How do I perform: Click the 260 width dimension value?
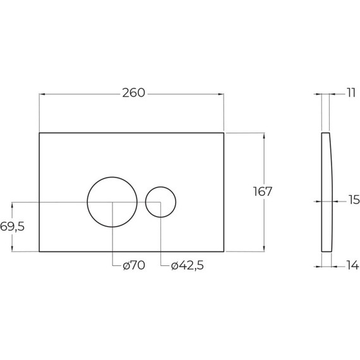coord(133,93)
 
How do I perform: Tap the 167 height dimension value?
coord(263,191)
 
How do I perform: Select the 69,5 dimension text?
coord(12,227)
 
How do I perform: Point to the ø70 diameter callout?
coord(134,265)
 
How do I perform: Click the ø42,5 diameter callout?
coord(187,266)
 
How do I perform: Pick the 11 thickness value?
coord(351,93)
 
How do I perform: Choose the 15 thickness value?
coord(354,200)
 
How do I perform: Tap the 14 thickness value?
coord(352,265)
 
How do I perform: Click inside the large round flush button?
coord(112,202)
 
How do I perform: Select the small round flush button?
coord(160,202)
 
